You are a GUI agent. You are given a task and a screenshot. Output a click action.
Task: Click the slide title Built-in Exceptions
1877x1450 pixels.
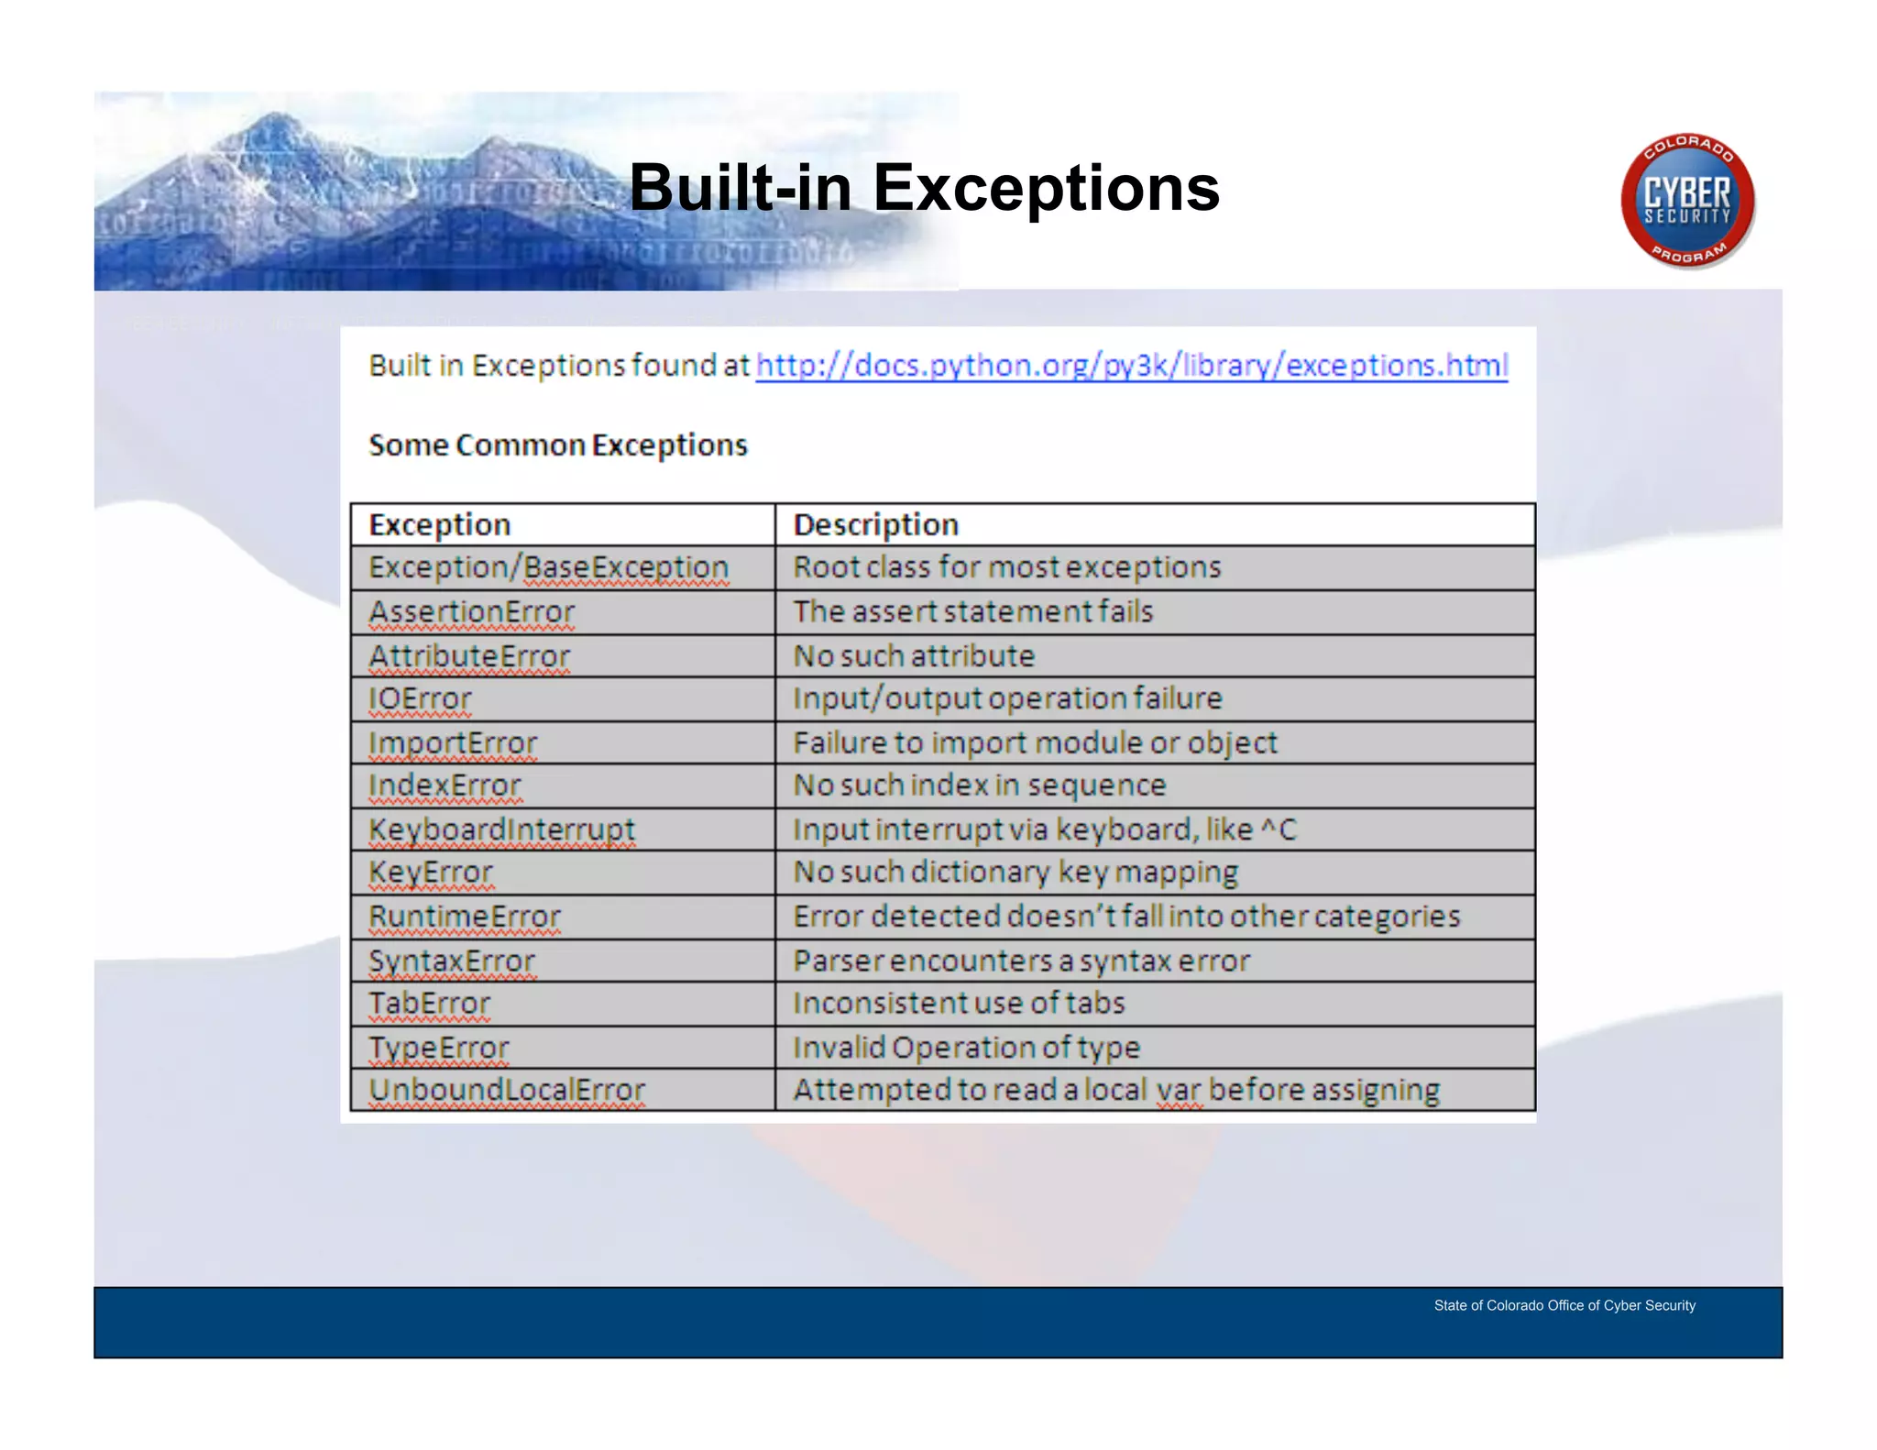tap(924, 189)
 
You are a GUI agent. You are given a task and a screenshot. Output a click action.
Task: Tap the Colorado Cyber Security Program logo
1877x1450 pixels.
tap(1687, 201)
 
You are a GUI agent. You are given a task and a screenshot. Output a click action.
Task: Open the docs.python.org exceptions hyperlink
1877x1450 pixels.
tap(1131, 366)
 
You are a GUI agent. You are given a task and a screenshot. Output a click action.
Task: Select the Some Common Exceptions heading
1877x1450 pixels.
tap(558, 445)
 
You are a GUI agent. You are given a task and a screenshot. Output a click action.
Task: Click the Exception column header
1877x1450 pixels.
tap(440, 525)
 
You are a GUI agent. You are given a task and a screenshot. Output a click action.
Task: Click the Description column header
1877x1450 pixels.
tap(875, 525)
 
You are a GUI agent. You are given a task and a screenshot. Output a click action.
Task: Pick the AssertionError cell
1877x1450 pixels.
tap(471, 612)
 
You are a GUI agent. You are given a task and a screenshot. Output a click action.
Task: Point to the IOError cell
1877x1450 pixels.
tap(420, 699)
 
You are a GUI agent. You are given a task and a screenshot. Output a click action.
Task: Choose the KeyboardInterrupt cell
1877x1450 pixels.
tap(501, 829)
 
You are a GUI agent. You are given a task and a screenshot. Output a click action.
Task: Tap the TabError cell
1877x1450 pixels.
tap(429, 1004)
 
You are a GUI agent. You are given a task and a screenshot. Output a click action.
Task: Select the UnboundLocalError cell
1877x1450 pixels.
tap(507, 1090)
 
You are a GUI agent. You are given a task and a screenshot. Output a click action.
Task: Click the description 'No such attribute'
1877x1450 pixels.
tap(914, 656)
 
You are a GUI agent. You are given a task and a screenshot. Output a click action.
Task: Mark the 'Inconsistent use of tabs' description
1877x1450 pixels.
tap(959, 1004)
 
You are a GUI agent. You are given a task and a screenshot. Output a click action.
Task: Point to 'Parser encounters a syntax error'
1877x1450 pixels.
tap(1021, 961)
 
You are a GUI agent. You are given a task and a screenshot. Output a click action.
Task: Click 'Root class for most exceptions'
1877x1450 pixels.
tap(1006, 568)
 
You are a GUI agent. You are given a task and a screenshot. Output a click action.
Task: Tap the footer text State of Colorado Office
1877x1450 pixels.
tap(1564, 1305)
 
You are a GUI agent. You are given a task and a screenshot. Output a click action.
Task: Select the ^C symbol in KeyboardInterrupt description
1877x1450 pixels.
tap(1279, 829)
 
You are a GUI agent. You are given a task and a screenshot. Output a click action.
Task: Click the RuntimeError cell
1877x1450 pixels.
tap(464, 917)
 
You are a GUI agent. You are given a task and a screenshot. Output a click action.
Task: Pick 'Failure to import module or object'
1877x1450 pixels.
tap(1035, 742)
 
